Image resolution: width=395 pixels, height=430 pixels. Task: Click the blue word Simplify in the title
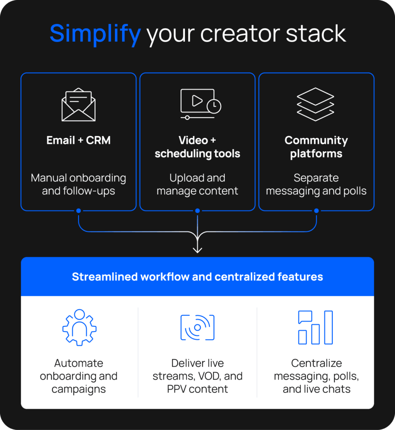point(95,33)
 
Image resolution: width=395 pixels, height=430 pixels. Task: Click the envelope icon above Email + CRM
point(79,105)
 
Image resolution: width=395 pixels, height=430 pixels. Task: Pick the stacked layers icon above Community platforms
point(316,104)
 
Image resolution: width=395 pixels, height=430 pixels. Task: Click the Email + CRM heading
point(79,141)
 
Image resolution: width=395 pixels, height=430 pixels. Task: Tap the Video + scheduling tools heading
point(197,147)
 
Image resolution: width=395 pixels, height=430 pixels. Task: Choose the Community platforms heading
point(316,147)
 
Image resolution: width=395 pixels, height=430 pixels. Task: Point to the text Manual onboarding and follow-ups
point(79,184)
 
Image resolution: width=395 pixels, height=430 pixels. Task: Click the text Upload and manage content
point(197,184)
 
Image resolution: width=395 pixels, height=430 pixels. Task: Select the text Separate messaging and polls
point(316,184)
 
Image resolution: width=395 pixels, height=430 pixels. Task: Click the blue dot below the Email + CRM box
point(79,211)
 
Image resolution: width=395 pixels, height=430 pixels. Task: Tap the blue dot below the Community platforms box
point(316,211)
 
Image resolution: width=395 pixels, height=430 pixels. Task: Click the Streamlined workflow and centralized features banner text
point(197,277)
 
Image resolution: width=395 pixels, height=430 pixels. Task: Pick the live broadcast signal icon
point(197,327)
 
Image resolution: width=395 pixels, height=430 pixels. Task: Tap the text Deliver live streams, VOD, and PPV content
point(197,376)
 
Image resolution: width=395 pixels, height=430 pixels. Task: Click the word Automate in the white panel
point(79,363)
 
